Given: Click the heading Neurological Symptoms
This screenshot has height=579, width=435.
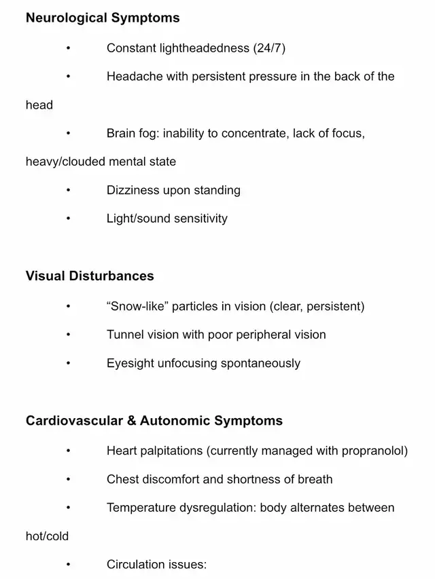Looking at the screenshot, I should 103,18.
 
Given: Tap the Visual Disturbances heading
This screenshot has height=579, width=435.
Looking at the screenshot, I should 90,276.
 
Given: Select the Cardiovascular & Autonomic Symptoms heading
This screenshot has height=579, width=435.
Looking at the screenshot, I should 154,421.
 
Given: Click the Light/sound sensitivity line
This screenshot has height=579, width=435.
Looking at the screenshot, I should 167,219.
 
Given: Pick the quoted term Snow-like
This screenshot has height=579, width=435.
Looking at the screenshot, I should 137,307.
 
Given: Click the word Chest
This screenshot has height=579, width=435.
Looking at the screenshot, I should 123,479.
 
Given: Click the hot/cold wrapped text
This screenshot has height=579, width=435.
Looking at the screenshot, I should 48,536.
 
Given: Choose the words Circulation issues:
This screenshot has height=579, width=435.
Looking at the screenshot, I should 156,565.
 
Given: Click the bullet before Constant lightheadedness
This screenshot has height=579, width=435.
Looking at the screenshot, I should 68,48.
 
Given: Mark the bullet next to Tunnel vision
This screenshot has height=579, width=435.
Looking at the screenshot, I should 68,335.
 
